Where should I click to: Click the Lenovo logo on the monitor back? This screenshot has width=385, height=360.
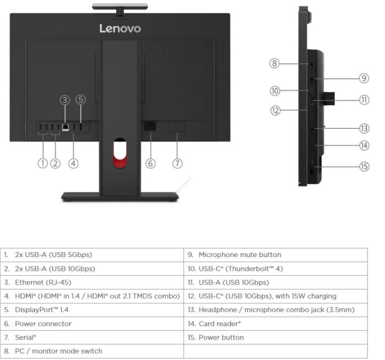pyautogui.click(x=120, y=29)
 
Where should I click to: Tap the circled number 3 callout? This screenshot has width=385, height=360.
pyautogui.click(x=65, y=100)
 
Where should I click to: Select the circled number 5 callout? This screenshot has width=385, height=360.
pyautogui.click(x=80, y=100)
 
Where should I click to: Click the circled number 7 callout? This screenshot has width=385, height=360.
pyautogui.click(x=177, y=163)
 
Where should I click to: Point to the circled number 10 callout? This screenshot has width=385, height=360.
pyautogui.click(x=275, y=91)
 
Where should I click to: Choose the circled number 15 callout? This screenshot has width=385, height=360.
pyautogui.click(x=364, y=167)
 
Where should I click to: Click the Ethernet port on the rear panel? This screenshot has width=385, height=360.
pyautogui.click(x=65, y=127)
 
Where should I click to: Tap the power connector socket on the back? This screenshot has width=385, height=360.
pyautogui.click(x=150, y=126)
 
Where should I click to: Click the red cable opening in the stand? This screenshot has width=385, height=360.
pyautogui.click(x=120, y=154)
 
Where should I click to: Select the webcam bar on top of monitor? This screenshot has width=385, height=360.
pyautogui.click(x=120, y=6)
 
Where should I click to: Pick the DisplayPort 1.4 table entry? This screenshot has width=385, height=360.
pyautogui.click(x=36, y=309)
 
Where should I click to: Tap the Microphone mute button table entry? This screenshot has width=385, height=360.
pyautogui.click(x=234, y=254)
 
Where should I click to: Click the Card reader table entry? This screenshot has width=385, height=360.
pyautogui.click(x=214, y=324)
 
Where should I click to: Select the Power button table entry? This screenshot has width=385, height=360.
pyautogui.click(x=216, y=337)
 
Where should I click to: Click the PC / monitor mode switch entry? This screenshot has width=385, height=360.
pyautogui.click(x=53, y=351)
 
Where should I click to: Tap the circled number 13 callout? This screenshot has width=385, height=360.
pyautogui.click(x=364, y=128)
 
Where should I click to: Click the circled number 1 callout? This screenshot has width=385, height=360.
pyautogui.click(x=43, y=163)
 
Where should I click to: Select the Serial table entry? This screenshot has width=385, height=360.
pyautogui.click(x=20, y=337)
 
